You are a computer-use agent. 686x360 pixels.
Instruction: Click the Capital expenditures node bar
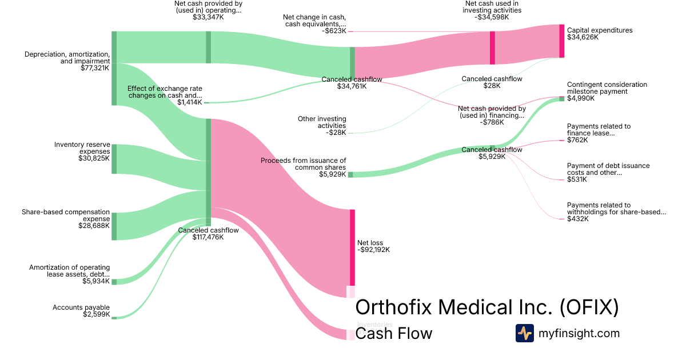coord(561,41)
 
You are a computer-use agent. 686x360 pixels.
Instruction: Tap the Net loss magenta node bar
coord(352,247)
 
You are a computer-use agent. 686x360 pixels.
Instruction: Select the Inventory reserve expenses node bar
coord(114,159)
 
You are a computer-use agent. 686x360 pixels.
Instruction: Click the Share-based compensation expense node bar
coord(114,226)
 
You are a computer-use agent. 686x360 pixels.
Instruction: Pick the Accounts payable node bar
coord(114,317)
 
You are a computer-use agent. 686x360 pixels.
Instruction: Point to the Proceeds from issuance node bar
coord(350,174)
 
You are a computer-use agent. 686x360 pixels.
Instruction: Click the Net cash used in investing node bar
coord(492,48)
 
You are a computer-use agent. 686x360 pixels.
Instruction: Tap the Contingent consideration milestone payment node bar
coord(561,99)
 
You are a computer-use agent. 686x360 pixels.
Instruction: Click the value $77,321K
coord(95,67)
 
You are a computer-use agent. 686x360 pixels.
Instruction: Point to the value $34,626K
coord(583,37)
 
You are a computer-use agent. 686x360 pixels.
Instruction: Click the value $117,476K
coord(208,237)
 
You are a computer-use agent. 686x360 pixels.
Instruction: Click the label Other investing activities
coord(322,122)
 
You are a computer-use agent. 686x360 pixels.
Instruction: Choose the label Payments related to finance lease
coord(599,130)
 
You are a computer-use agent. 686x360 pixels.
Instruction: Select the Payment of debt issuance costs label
coord(608,169)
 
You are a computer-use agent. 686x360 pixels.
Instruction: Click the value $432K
coord(577,219)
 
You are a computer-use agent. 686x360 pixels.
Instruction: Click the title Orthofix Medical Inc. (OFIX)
coord(487,307)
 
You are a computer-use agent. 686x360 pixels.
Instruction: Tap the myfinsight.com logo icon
coord(524,333)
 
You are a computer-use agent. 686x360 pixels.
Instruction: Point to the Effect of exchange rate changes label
coord(165,92)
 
